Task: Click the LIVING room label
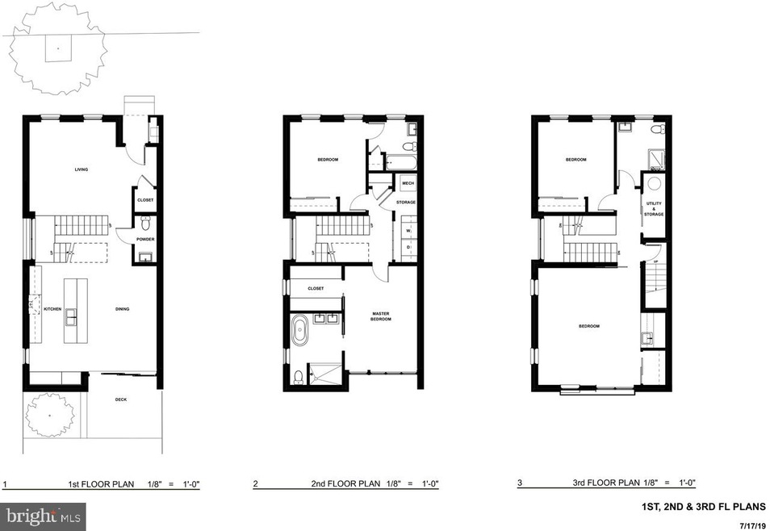81,169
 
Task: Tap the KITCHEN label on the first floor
52,308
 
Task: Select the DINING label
122,308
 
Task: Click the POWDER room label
145,239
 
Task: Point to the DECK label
121,399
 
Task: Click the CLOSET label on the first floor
145,200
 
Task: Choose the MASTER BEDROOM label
381,316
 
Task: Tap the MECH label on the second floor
408,184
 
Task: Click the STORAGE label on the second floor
405,203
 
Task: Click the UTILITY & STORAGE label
655,209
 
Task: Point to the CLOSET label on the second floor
316,288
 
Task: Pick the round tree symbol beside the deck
48,415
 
